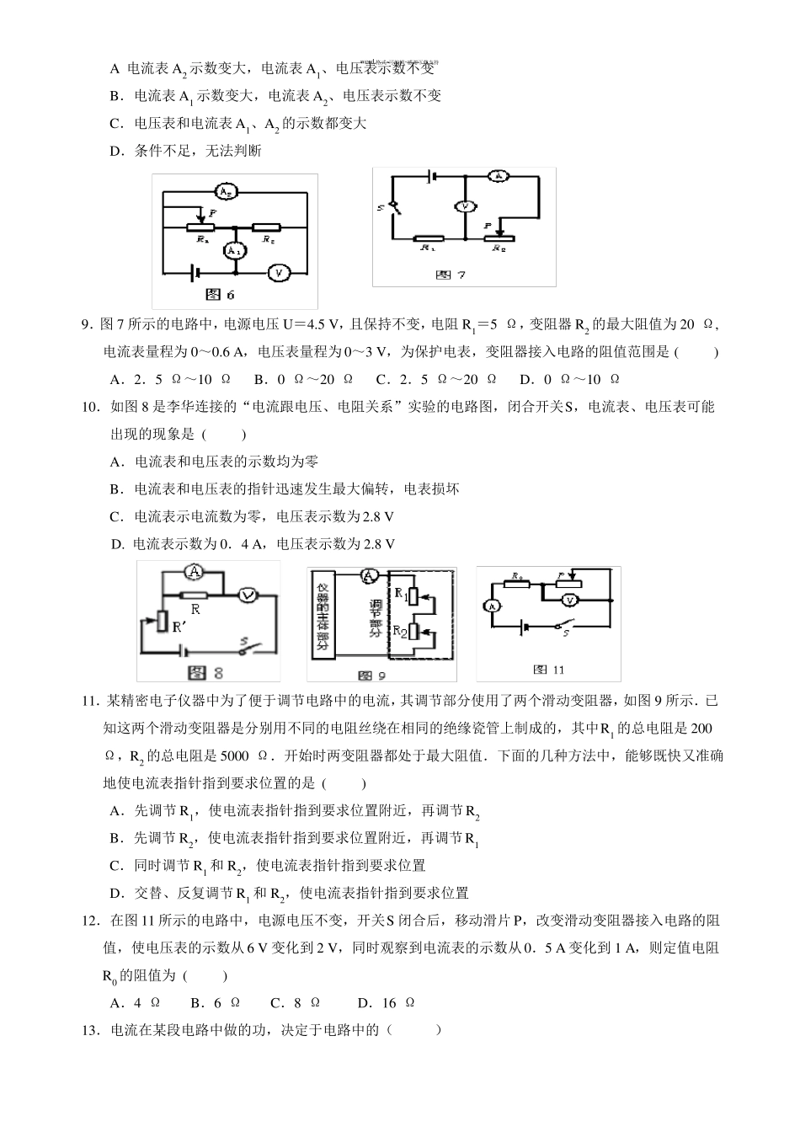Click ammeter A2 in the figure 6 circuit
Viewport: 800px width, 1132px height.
click(x=225, y=190)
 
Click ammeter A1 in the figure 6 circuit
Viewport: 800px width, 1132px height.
click(x=236, y=250)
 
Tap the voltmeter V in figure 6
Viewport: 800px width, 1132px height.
click(x=278, y=272)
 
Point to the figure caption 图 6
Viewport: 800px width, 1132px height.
click(x=220, y=294)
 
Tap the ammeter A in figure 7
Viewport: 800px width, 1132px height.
click(x=499, y=176)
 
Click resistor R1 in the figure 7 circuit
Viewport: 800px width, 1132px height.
click(x=429, y=239)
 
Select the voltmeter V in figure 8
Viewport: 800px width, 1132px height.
click(x=248, y=595)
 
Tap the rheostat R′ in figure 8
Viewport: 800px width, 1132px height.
click(x=163, y=621)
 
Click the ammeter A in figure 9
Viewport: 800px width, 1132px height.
click(x=367, y=576)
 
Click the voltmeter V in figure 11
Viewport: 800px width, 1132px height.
click(x=570, y=600)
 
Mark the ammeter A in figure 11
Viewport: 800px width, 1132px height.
click(x=493, y=606)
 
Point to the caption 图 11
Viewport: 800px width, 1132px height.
click(x=548, y=670)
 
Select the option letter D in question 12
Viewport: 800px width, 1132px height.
click(x=364, y=1002)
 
